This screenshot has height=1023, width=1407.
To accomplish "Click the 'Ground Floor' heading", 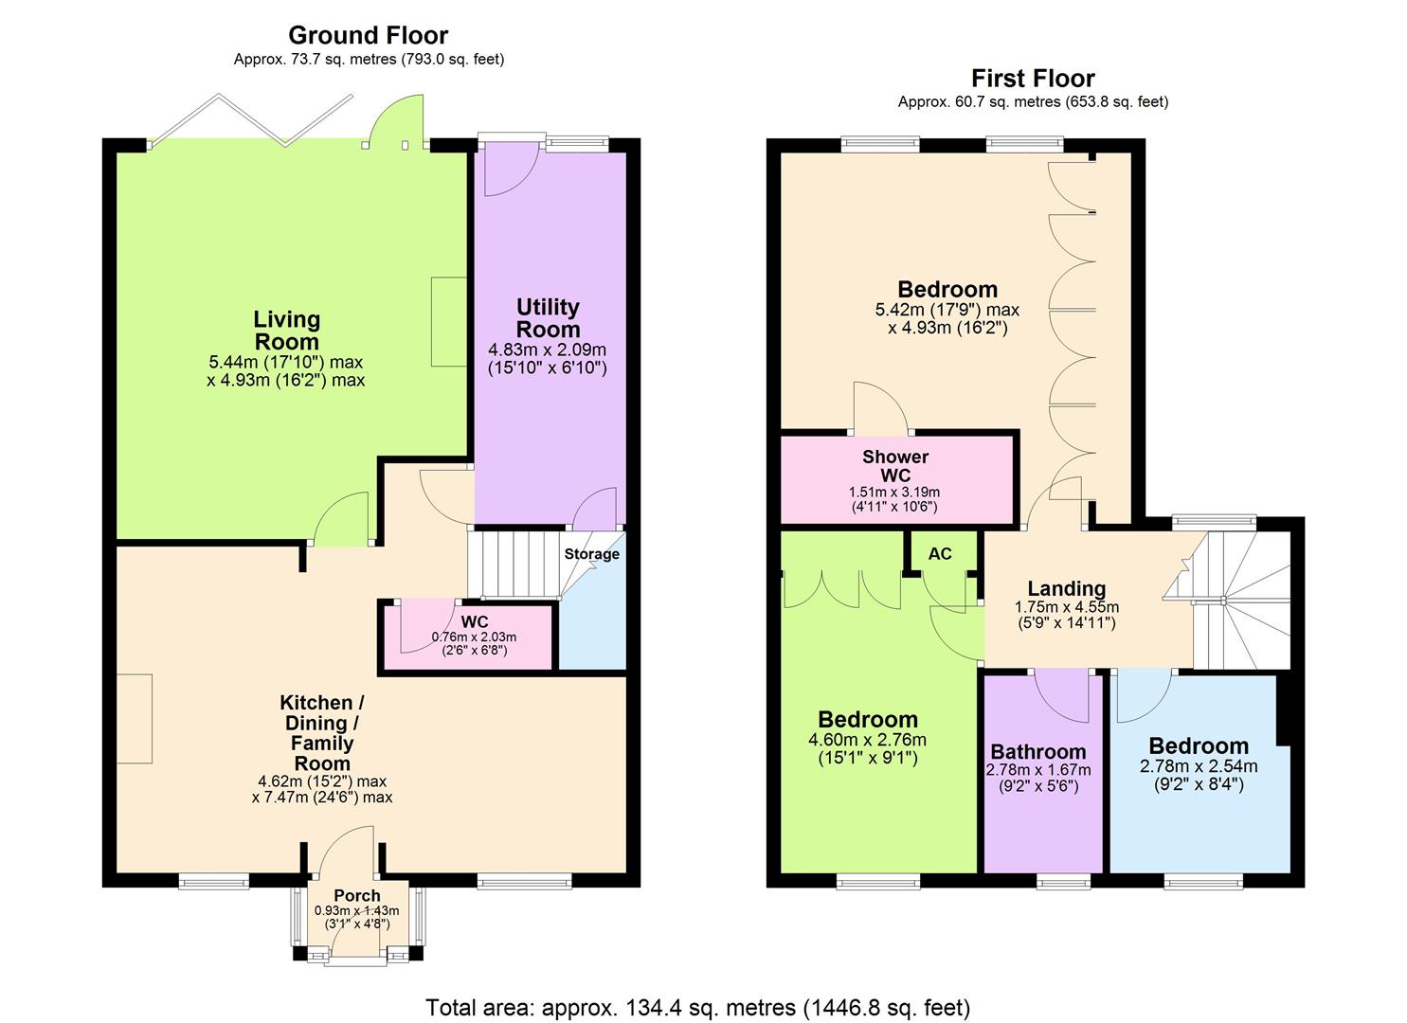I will click(x=368, y=36).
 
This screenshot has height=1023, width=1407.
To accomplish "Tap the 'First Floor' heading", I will click(x=1033, y=79).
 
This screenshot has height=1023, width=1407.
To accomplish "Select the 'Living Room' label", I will click(x=286, y=331).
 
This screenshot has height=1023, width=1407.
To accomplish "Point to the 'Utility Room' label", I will click(x=548, y=318).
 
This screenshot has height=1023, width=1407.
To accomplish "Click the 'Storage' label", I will click(x=591, y=554).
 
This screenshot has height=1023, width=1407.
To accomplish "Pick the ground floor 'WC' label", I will click(x=474, y=622).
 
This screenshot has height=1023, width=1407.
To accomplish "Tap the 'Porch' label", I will click(x=357, y=896).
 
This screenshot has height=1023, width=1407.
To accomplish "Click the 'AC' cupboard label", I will click(x=939, y=554).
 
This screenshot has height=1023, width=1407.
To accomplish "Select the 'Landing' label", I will click(x=1066, y=589).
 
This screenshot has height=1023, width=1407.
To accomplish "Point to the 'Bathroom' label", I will click(x=1038, y=752).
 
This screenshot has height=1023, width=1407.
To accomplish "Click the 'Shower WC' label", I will click(x=895, y=466).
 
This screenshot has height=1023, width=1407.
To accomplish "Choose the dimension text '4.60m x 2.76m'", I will click(x=867, y=741).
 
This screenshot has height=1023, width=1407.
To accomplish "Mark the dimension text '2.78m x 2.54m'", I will click(x=1199, y=766).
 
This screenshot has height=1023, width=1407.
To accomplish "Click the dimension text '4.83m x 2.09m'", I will click(x=547, y=350).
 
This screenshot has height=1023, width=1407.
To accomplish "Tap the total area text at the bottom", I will click(x=698, y=1007).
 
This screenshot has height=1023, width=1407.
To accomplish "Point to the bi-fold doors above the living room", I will click(x=251, y=121).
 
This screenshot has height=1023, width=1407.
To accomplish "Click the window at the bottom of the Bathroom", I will click(x=1063, y=882).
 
